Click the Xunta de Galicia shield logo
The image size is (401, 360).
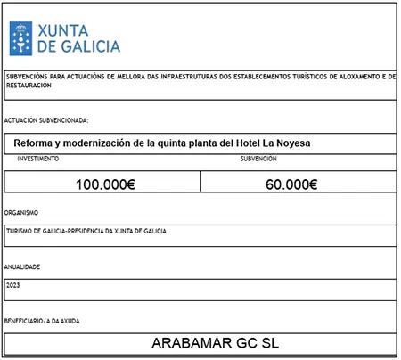click(21, 38)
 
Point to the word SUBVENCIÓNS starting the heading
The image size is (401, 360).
click(26, 77)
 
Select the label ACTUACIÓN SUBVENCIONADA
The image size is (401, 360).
click(46, 119)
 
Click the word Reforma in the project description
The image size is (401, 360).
click(37, 142)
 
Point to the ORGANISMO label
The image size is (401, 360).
click(20, 214)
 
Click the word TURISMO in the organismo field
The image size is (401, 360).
click(20, 231)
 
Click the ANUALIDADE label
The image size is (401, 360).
click(22, 267)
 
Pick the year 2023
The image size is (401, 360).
click(12, 285)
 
